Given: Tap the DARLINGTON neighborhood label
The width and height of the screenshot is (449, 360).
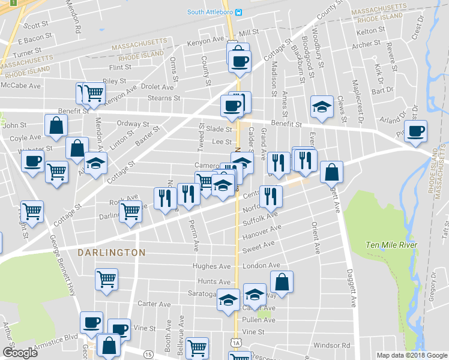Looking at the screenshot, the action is (x=112, y=253).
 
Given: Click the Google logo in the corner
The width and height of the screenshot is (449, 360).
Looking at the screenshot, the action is (x=20, y=352).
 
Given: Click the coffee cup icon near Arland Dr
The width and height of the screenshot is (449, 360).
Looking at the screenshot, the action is (x=415, y=131).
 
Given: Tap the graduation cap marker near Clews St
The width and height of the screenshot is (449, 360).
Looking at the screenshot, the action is (x=322, y=107).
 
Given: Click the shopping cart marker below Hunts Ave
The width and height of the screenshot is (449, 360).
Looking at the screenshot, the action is (x=106, y=279).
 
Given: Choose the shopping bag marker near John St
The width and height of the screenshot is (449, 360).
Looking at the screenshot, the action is (x=56, y=126).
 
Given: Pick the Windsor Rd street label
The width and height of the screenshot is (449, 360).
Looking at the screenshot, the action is (x=331, y=346).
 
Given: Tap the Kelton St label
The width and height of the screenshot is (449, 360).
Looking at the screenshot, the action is (x=370, y=30).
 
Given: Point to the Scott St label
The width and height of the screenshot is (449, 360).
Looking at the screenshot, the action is (x=36, y=25).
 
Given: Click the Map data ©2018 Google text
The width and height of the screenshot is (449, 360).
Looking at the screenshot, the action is (x=411, y=355).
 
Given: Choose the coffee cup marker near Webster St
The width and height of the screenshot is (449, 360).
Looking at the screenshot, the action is (x=32, y=161).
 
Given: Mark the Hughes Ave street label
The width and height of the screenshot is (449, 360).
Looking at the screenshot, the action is (x=211, y=266).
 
